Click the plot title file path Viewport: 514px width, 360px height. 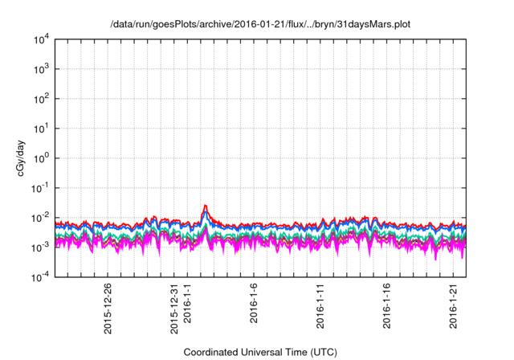[x=260, y=25]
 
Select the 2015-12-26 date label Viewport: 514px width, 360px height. [x=108, y=309]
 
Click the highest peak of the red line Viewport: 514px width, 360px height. [x=206, y=206]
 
